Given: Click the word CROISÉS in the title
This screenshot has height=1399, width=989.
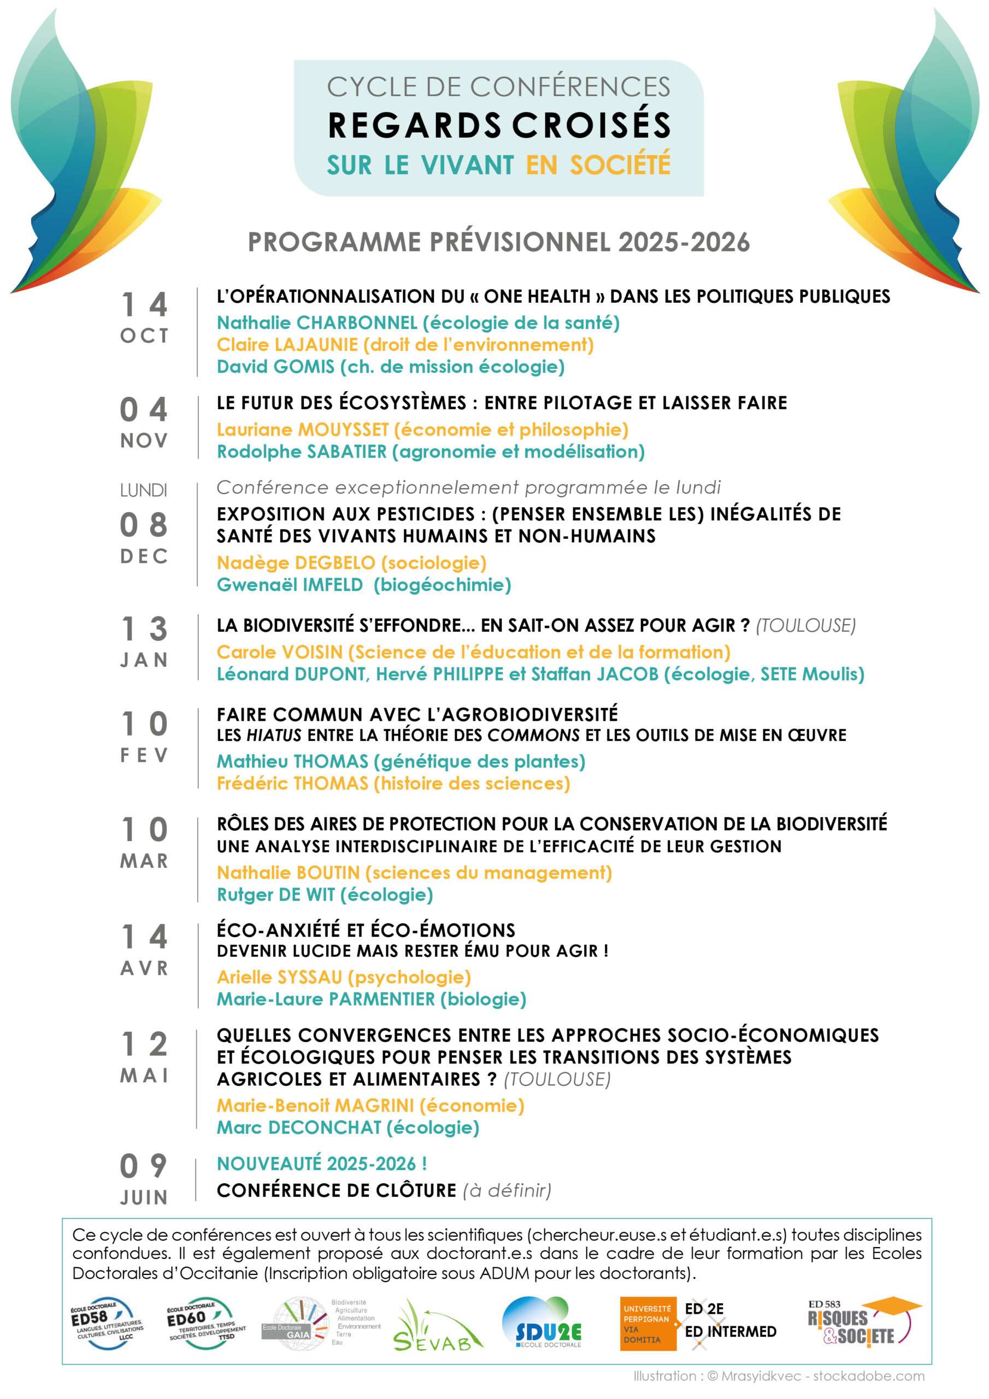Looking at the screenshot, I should (591, 125).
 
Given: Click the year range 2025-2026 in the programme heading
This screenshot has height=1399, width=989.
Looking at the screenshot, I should (683, 243).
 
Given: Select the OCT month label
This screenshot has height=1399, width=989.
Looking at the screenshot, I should (144, 336).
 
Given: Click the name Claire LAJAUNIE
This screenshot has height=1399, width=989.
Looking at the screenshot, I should (287, 345).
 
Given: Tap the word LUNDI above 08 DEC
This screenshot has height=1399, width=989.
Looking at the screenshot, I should (143, 491).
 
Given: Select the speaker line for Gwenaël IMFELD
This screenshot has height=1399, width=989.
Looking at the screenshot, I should (364, 585).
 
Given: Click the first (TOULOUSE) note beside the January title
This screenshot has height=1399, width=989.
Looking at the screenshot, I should (805, 625).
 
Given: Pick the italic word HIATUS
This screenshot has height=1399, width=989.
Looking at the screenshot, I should (274, 736).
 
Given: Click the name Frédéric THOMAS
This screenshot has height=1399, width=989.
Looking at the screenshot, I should (292, 784).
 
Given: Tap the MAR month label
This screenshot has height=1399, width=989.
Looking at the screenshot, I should (144, 861).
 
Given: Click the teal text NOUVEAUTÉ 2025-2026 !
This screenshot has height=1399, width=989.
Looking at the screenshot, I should (322, 1164).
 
